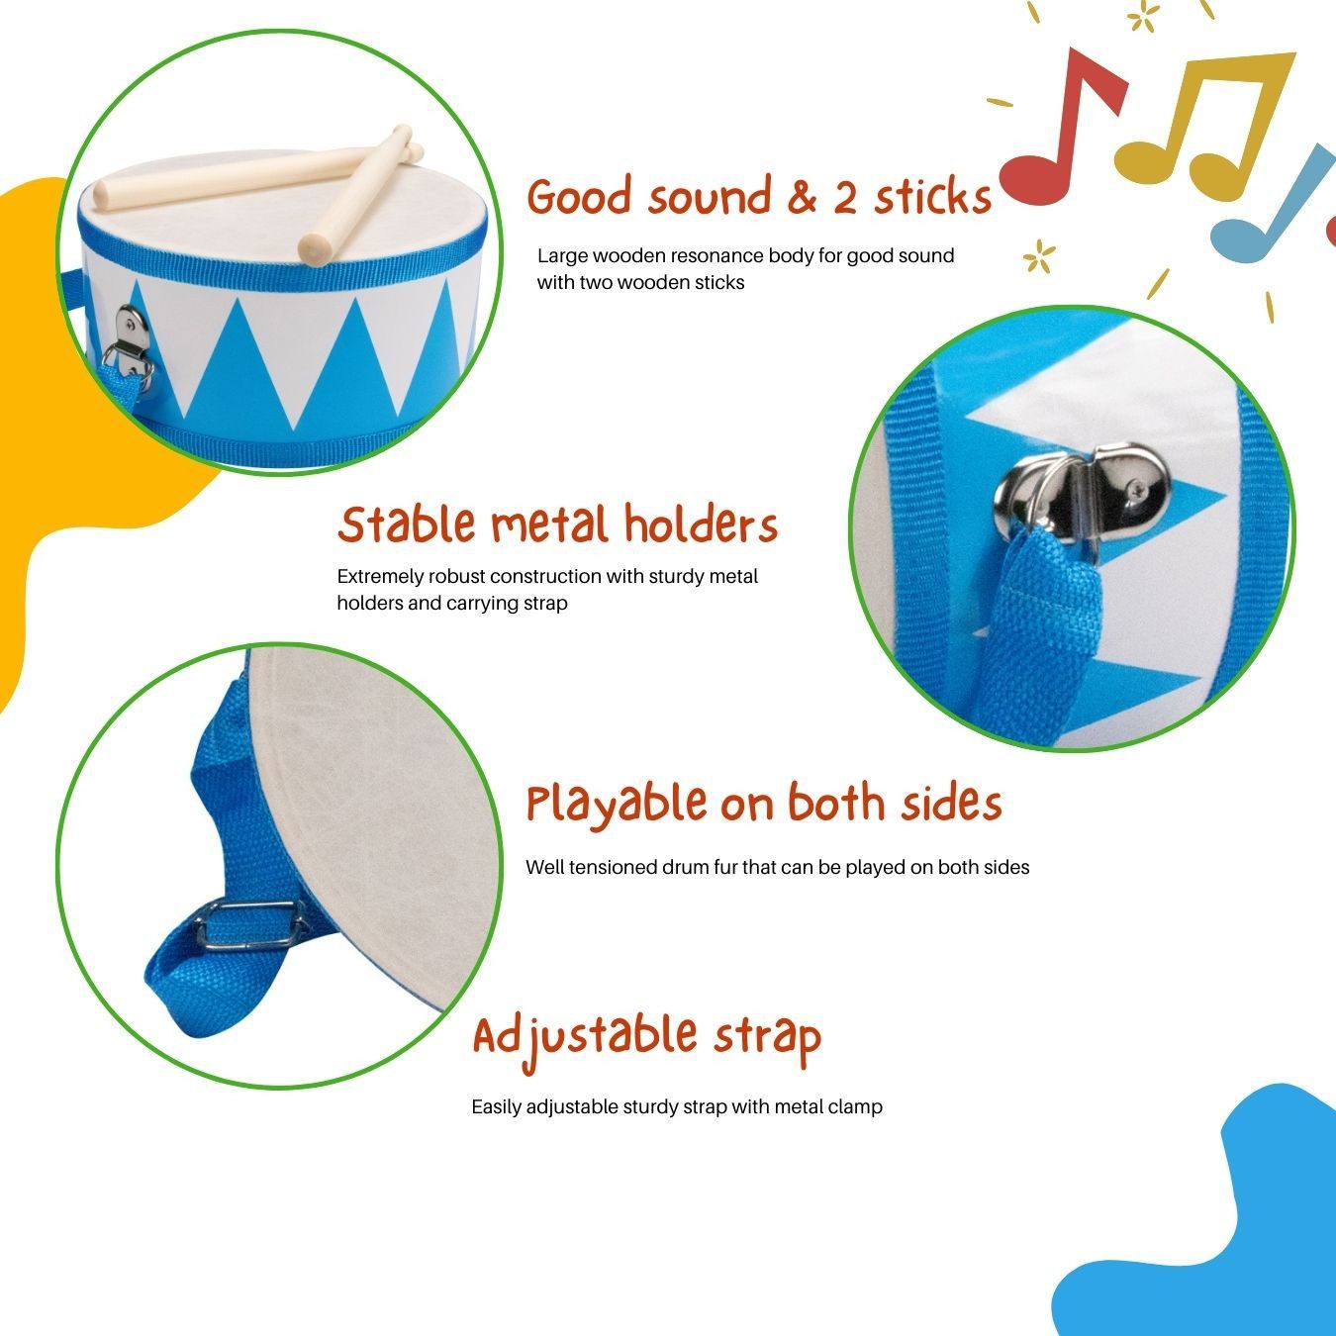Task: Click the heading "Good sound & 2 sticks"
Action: (x=758, y=197)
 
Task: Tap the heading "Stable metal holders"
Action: (x=557, y=525)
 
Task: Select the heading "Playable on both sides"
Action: (x=763, y=804)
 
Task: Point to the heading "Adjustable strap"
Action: (x=646, y=1036)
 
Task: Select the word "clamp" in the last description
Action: (x=855, y=1106)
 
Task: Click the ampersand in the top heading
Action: (x=802, y=197)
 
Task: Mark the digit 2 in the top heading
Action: (x=844, y=197)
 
